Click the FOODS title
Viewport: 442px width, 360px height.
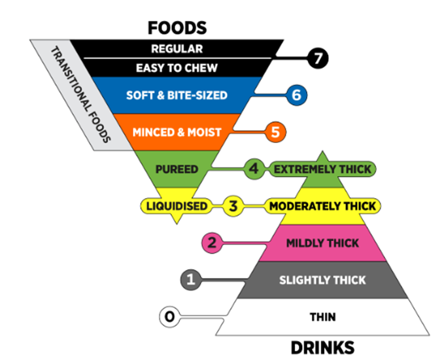click(x=177, y=28)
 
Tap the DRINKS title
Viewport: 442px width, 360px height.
click(x=322, y=348)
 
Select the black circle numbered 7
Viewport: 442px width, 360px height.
click(x=318, y=58)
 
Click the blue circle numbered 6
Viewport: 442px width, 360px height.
click(x=296, y=95)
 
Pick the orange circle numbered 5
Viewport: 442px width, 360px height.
click(x=275, y=132)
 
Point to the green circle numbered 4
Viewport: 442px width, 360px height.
click(x=254, y=169)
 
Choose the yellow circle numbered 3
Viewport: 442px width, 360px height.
click(x=233, y=206)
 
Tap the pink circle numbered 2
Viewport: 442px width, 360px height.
click(x=212, y=243)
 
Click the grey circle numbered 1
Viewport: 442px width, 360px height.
click(x=191, y=280)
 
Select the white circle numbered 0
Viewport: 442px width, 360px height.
click(x=169, y=317)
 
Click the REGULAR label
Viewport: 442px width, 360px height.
click(x=177, y=49)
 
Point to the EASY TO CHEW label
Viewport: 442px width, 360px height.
click(x=177, y=68)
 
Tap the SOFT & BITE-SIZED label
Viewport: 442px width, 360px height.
click(x=177, y=95)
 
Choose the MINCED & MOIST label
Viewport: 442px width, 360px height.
click(x=177, y=133)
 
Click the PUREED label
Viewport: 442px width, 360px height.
click(x=177, y=169)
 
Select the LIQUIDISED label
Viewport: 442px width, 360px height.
click(x=177, y=206)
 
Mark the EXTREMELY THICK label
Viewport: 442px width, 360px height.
click(x=322, y=169)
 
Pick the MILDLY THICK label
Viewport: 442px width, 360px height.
click(x=322, y=243)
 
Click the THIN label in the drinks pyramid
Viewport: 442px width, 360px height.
click(x=323, y=317)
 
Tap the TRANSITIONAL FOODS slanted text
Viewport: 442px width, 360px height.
click(x=80, y=95)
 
